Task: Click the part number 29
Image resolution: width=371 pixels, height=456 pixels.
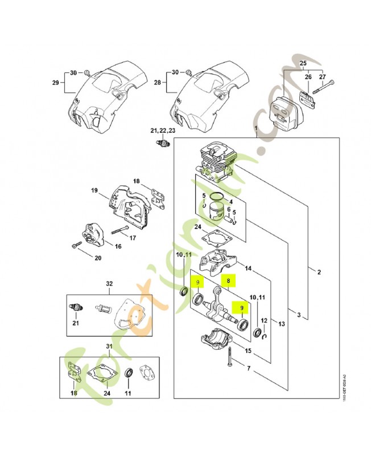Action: pyautogui.click(x=55, y=83)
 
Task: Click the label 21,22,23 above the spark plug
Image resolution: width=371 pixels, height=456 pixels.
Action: pyautogui.click(x=163, y=131)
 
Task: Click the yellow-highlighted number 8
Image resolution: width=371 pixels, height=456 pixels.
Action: pyautogui.click(x=228, y=280)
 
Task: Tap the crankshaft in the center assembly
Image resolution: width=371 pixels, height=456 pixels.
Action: pyautogui.click(x=219, y=306)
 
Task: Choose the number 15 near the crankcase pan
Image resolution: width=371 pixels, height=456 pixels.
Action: pyautogui.click(x=249, y=351)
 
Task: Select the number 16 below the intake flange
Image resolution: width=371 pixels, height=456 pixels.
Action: pyautogui.click(x=118, y=246)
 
